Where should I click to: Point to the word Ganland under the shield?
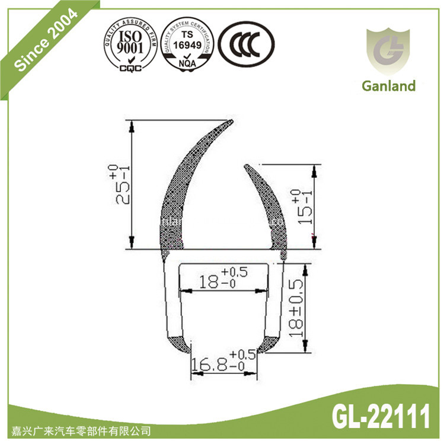(388, 86)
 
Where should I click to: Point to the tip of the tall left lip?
(230, 122)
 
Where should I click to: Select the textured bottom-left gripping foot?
(177, 345)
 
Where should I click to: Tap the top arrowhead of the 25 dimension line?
(132, 123)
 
